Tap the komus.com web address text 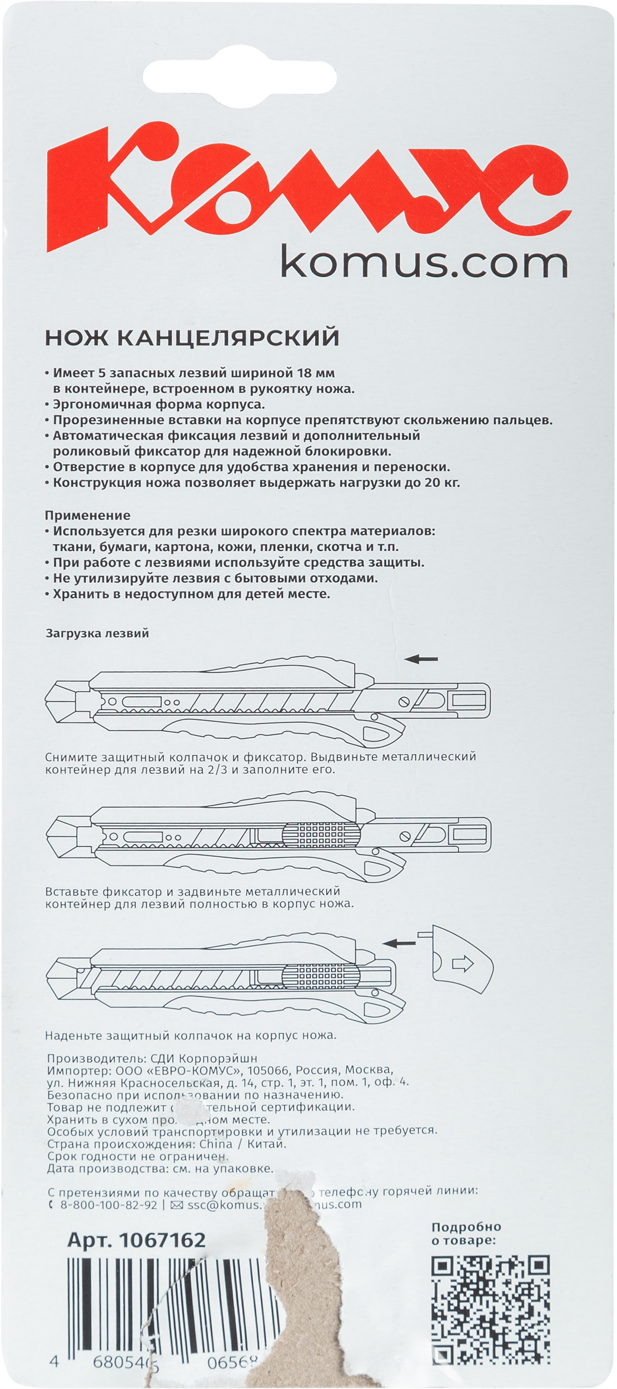[x=425, y=264]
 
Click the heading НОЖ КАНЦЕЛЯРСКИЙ [x=192, y=338]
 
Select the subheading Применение [x=87, y=515]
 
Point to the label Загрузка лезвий [x=97, y=633]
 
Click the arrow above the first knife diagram [x=421, y=659]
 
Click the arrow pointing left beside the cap [x=399, y=943]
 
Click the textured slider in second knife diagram [x=321, y=833]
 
